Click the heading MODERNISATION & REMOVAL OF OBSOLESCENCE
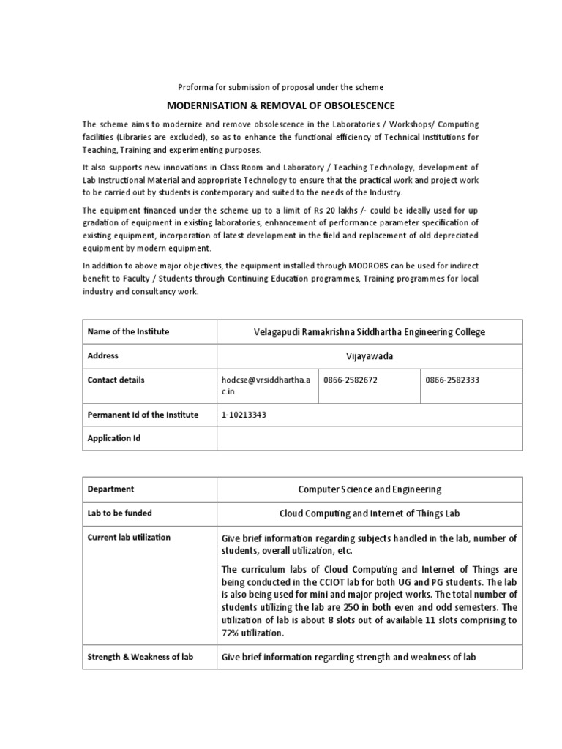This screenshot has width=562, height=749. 282,105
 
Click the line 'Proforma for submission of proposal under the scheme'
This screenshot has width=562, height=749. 281,87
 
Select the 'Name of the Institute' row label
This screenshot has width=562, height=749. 128,331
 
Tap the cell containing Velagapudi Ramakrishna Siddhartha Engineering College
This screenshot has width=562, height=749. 370,332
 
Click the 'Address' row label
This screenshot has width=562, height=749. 103,355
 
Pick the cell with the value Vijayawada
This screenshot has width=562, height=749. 370,356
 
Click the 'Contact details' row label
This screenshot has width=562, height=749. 116,380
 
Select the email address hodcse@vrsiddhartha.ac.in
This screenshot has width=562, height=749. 266,385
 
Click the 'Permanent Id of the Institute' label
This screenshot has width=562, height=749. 143,415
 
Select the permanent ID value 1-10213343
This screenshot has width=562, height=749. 249,415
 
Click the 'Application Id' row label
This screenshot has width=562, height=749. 113,438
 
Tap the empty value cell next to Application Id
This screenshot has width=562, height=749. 370,438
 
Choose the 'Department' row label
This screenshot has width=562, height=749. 110,489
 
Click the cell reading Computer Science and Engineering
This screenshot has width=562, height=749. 370,489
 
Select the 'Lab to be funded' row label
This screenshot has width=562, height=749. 119,513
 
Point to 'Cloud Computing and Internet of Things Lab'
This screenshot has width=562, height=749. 370,513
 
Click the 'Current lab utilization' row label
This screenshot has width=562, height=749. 129,537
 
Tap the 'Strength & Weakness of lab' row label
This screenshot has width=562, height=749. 140,657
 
